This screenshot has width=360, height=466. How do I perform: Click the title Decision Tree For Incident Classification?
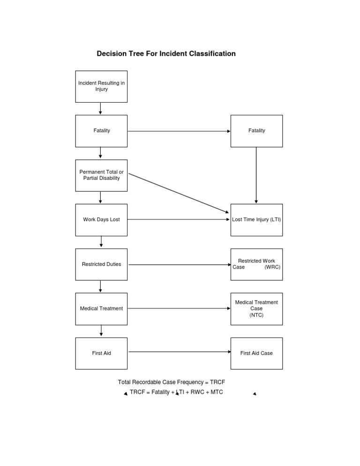166,54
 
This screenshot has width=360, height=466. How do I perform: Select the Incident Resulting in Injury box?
101,86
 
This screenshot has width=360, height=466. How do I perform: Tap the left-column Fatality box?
101,131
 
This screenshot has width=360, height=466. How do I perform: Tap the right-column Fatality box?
256,131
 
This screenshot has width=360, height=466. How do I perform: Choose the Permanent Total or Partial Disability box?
101,175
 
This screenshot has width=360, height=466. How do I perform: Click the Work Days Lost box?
101,219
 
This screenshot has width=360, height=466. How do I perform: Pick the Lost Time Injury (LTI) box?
256,219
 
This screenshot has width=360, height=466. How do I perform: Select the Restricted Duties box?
101,264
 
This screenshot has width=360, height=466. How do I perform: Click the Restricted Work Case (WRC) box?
256,264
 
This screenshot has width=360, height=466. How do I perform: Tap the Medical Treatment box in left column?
101,308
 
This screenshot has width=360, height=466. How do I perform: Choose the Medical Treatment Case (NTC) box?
256,308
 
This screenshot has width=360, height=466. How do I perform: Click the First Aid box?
101,353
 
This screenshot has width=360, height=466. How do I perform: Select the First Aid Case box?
256,353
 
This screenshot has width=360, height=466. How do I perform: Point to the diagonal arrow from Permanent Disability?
179,193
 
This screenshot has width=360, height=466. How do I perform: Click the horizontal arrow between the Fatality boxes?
179,131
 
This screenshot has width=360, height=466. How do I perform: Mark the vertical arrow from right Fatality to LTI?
256,175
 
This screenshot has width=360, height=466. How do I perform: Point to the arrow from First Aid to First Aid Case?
179,352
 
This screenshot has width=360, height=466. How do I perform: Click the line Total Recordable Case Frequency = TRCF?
175,383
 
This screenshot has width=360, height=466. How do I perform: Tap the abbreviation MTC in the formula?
216,392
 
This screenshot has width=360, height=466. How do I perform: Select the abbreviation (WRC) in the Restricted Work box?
272,267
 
